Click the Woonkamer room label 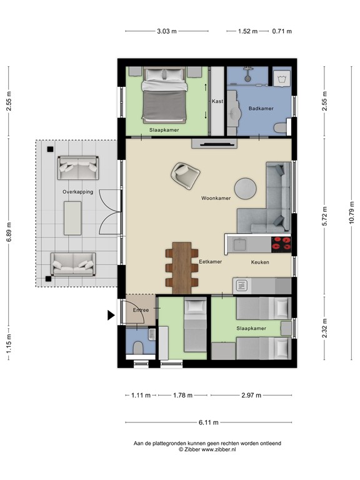(216, 198)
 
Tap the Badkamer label (261, 109)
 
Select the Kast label (217, 101)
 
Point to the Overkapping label (77, 192)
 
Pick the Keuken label (260, 262)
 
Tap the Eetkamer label (211, 262)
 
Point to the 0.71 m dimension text (282, 31)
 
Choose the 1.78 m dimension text (182, 395)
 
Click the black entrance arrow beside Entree (111, 316)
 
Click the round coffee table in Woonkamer (245, 187)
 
